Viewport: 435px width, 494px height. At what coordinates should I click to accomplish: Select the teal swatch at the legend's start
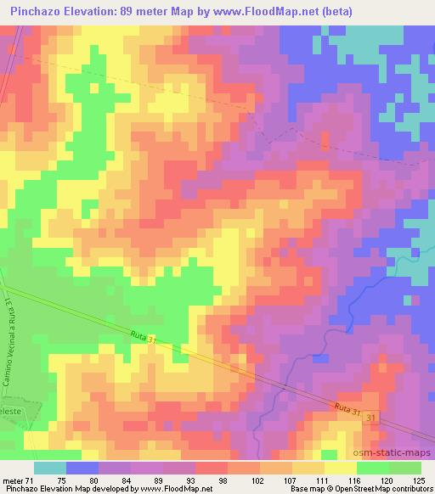49,468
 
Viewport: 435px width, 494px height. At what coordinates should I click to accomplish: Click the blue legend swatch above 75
82,468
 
